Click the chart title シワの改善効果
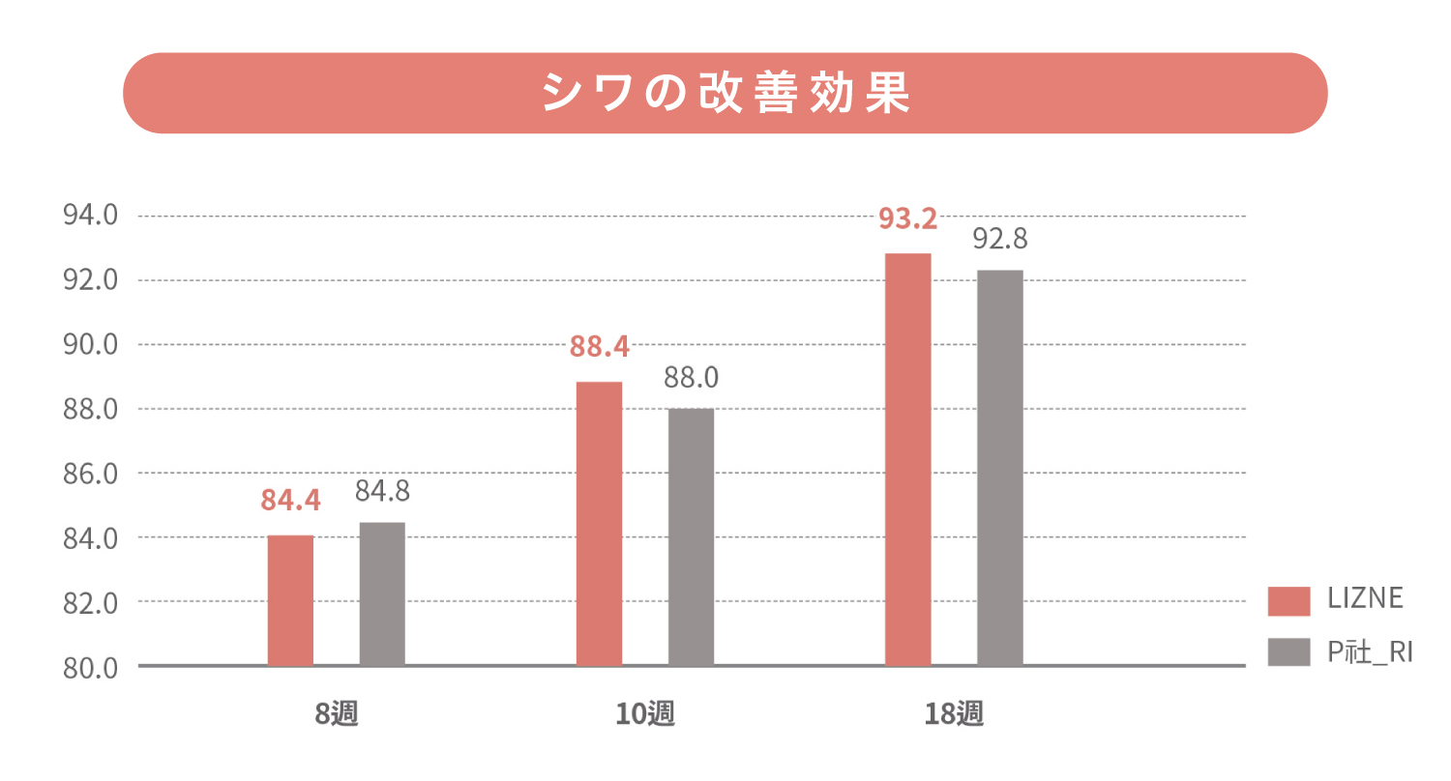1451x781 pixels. click(725, 93)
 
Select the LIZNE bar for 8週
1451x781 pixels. click(290, 600)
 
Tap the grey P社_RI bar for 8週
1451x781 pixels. click(382, 593)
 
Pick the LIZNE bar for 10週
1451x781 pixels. click(599, 524)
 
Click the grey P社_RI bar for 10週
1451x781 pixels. click(691, 537)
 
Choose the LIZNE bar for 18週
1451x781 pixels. click(907, 459)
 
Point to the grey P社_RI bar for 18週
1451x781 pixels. click(999, 468)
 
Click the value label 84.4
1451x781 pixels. click(290, 501)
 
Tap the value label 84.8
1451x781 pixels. click(382, 491)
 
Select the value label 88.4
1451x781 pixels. click(599, 346)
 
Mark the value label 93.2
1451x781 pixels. click(907, 219)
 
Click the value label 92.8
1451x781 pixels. click(999, 237)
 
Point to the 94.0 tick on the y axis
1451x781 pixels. click(90, 216)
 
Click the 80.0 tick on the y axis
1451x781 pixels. click(90, 667)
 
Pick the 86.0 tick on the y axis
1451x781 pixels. click(90, 474)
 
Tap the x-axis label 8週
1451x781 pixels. click(337, 715)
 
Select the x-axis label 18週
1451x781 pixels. click(954, 715)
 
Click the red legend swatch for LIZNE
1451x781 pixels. click(1288, 600)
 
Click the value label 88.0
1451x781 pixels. click(691, 377)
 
